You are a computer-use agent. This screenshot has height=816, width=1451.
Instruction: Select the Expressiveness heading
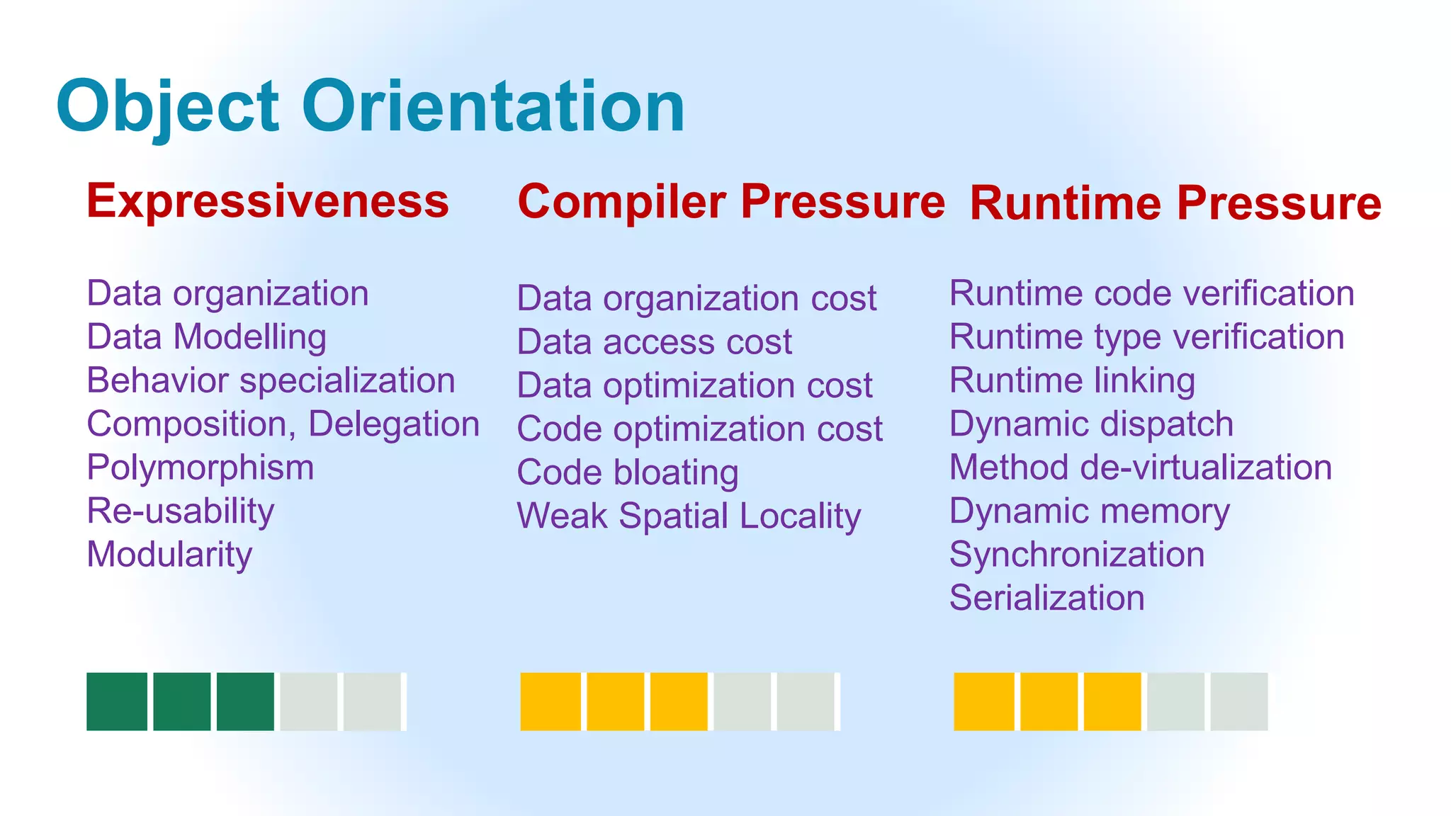point(268,201)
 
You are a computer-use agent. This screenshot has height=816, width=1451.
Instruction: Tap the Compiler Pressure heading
point(731,201)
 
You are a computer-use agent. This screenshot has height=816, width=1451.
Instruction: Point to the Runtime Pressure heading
point(1175,203)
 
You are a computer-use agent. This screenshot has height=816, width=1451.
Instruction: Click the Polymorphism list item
point(201,468)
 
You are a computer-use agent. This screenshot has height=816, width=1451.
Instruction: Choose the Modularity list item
point(169,555)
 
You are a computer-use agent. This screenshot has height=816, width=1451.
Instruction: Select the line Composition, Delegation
point(283,424)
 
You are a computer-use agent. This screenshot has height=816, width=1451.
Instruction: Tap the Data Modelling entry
point(206,337)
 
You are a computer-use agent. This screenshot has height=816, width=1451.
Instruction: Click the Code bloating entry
point(628,472)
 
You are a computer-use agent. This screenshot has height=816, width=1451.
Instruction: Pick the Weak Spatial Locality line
point(689,516)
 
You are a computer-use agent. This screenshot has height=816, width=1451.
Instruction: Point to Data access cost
point(654,342)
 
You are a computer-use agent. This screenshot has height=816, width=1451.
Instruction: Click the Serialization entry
point(1046,599)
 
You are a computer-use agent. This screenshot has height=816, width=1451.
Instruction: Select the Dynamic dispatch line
point(1091,424)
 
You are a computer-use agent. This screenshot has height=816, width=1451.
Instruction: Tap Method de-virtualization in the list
point(1141,468)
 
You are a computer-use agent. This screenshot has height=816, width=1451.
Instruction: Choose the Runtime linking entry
point(1072,381)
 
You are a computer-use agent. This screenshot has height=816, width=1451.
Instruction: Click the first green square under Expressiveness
point(117,701)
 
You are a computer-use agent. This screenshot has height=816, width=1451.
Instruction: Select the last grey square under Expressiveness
point(373,701)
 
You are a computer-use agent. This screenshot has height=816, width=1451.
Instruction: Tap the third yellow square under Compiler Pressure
point(679,701)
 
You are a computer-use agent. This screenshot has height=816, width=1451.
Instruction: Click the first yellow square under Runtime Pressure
point(983,701)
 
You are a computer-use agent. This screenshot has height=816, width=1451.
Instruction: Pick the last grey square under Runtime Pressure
point(1238,701)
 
